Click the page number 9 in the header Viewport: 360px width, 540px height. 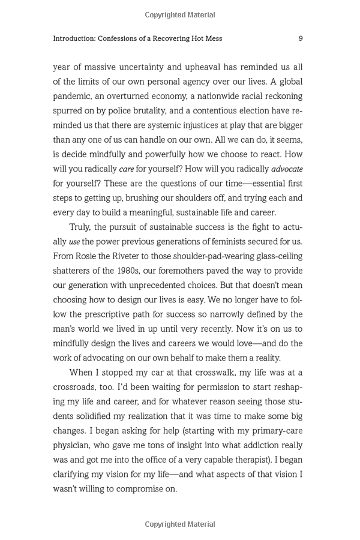click(x=300, y=38)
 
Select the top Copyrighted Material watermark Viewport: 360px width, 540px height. click(x=180, y=15)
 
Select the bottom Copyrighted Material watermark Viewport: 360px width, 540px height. click(x=180, y=524)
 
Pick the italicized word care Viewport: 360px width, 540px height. click(x=126, y=169)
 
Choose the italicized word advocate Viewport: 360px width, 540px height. click(x=287, y=169)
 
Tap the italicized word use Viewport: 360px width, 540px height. click(x=74, y=242)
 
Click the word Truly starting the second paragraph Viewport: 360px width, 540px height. click(x=80, y=227)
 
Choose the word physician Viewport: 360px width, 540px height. click(x=74, y=445)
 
